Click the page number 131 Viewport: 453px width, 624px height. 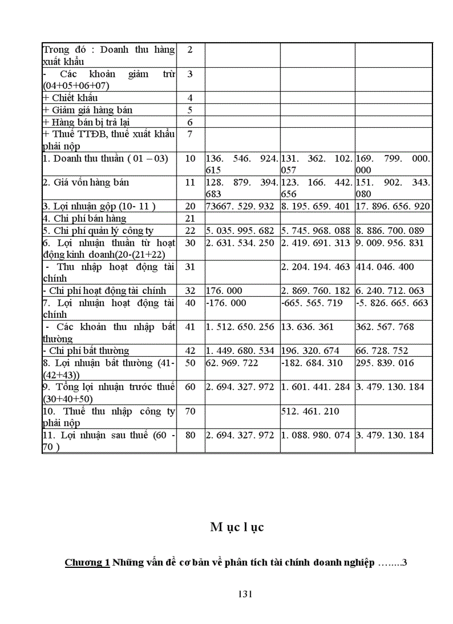point(245,594)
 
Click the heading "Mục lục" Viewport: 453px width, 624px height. point(237,527)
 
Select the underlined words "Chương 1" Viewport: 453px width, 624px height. point(87,562)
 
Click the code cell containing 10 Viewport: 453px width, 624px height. point(190,158)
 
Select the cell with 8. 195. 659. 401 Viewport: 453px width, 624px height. point(316,206)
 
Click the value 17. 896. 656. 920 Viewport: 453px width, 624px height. point(392,206)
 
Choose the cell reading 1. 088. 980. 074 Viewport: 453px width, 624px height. point(316,435)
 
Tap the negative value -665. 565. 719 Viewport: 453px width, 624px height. point(310,303)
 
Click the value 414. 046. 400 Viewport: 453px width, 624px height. point(385,267)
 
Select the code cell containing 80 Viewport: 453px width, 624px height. point(190,435)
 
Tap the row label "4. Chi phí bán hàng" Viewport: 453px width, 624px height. point(84,218)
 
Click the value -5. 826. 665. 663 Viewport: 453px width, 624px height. point(392,303)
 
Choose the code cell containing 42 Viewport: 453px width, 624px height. point(190,351)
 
